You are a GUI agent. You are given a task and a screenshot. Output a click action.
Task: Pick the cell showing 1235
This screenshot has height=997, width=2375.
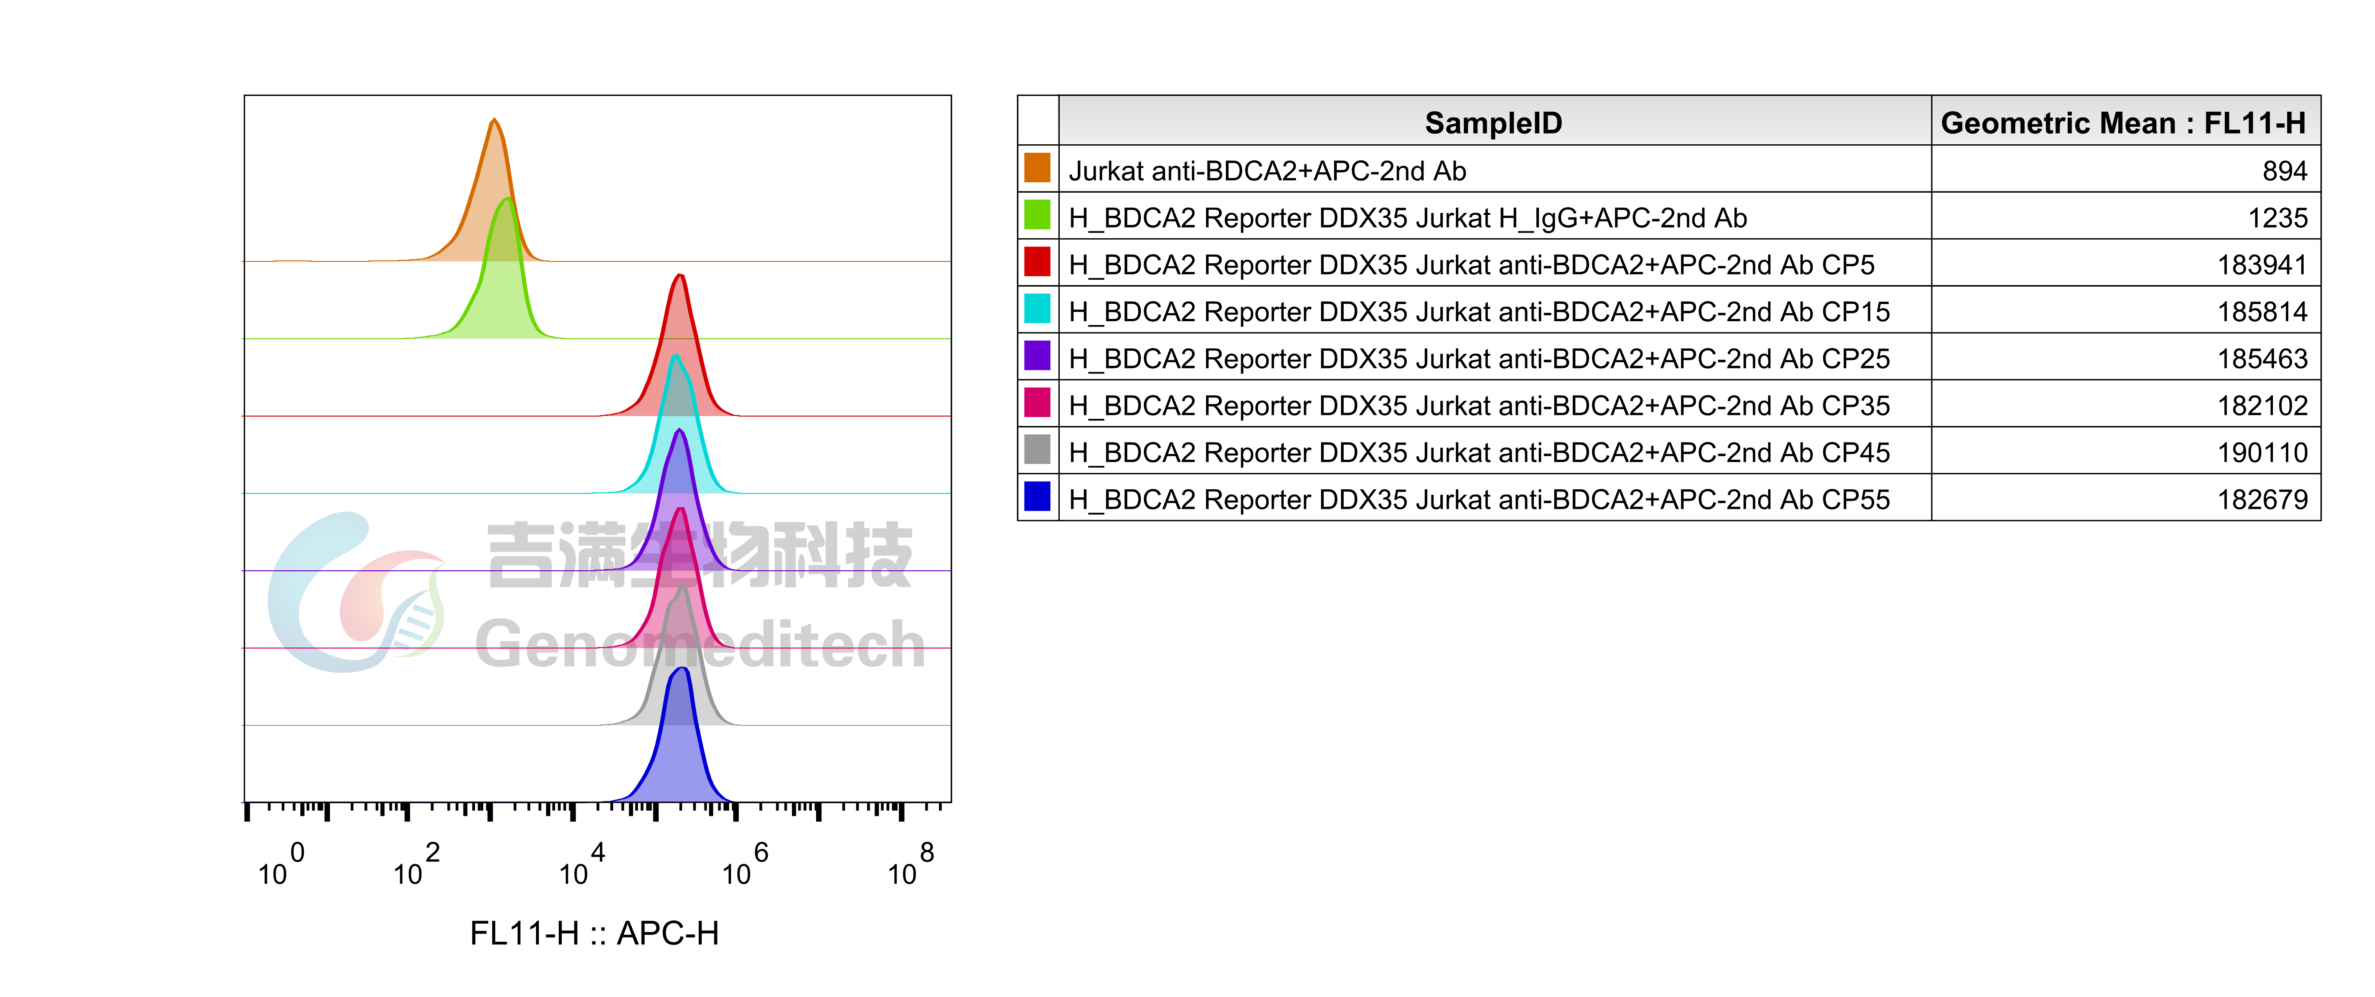point(2277,218)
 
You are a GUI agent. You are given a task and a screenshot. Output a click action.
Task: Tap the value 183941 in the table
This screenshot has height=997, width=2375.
point(2261,265)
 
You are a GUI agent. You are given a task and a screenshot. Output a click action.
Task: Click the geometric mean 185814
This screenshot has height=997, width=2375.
point(2261,312)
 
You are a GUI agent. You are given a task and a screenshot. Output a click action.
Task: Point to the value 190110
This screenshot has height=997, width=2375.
point(2261,452)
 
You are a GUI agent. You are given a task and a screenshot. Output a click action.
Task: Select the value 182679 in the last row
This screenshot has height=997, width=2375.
point(2261,499)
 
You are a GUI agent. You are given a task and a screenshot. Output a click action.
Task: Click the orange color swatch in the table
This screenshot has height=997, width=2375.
point(1037,168)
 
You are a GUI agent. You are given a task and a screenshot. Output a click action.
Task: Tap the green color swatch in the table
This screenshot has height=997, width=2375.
point(1037,215)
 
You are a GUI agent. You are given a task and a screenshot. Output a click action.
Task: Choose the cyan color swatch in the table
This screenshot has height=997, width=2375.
point(1037,308)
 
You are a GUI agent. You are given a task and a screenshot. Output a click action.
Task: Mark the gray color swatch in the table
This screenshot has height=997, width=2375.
point(1037,449)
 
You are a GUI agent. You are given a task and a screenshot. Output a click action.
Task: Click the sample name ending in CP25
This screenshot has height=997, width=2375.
point(1479,359)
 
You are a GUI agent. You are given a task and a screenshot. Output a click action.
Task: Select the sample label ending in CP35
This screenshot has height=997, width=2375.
point(1479,406)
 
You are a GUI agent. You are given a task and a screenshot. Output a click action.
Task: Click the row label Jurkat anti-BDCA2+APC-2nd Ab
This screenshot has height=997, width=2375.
point(1267,171)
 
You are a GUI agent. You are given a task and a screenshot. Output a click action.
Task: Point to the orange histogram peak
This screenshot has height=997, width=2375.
point(494,166)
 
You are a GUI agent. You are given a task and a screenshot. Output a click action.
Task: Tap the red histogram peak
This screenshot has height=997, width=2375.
point(680,314)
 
